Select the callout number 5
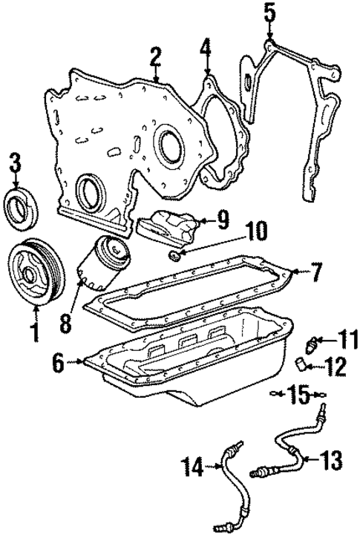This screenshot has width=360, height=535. click(269, 13)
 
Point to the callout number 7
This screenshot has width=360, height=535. click(316, 274)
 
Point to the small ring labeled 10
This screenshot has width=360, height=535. click(174, 257)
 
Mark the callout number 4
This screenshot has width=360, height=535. click(206, 52)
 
